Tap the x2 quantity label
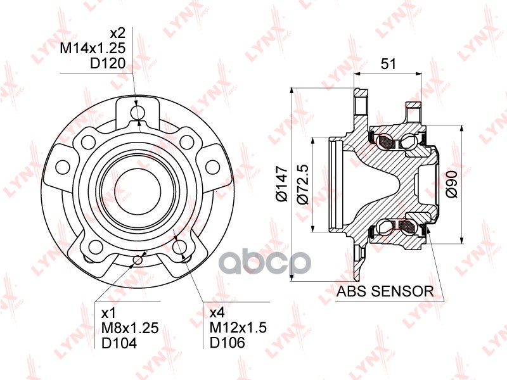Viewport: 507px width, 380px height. [119, 32]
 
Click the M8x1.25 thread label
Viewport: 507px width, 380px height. [129, 327]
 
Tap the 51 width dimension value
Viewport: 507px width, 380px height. [389, 63]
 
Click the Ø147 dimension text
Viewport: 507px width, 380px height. [283, 184]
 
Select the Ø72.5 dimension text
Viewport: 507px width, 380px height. [303, 184]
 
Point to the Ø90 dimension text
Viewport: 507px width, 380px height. [452, 184]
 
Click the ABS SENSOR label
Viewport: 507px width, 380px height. [385, 291]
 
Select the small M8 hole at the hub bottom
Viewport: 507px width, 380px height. [138, 259]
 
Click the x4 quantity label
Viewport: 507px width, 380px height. [218, 312]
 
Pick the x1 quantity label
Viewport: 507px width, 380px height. [108, 312]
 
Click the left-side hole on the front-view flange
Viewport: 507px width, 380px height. [61, 167]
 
